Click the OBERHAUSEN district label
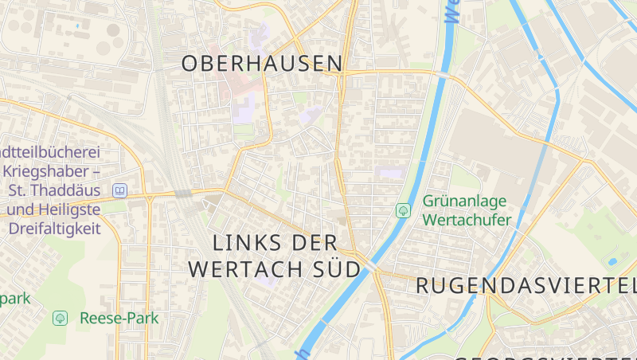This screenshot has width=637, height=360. [x=262, y=64]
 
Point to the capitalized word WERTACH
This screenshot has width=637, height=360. [x=242, y=268]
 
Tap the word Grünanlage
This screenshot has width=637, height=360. [x=466, y=201]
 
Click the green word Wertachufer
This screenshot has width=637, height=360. [x=467, y=219]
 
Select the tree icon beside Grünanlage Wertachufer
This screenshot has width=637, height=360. [x=403, y=210]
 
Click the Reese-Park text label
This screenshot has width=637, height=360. [x=119, y=318]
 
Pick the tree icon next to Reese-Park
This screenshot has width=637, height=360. [x=59, y=318]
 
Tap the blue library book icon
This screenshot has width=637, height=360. [x=120, y=190]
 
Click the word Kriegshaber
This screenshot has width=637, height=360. [x=46, y=171]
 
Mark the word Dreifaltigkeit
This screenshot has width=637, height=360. [x=54, y=229]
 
